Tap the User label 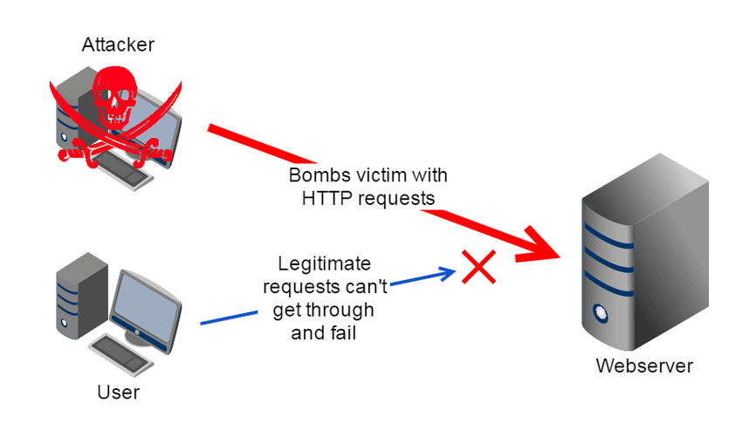point(118,393)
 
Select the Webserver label point(644,365)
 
